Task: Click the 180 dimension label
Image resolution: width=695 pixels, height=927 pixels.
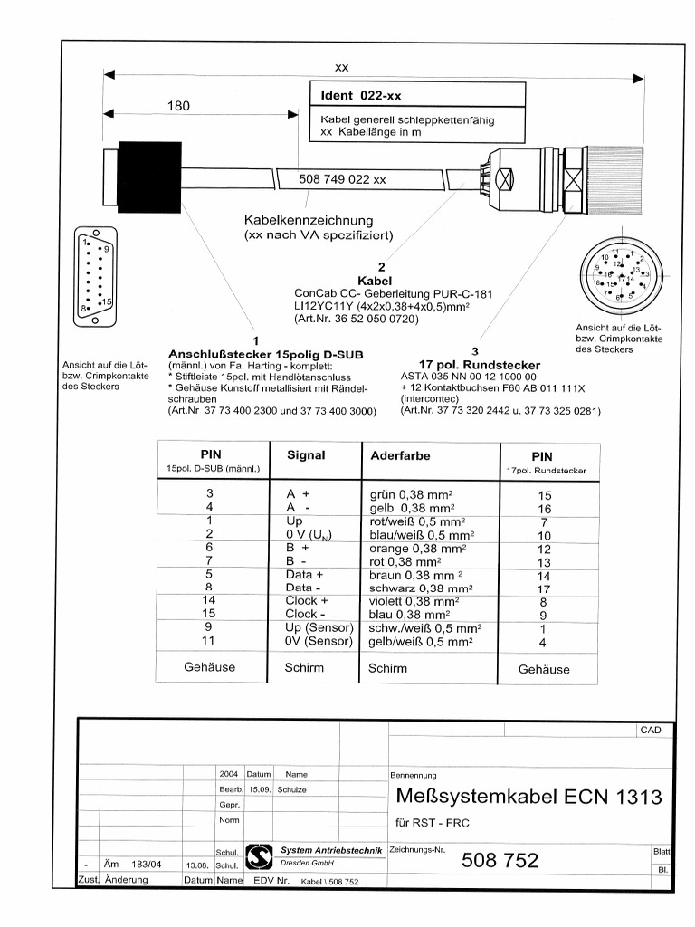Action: point(179,106)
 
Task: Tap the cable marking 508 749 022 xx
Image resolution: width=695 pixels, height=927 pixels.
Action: point(342,179)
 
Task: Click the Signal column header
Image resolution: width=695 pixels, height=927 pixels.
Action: point(305,455)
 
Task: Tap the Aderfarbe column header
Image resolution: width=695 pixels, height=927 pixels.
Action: point(400,455)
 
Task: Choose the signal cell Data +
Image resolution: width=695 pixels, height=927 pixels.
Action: point(299,575)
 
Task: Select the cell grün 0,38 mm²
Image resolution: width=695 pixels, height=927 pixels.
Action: point(412,496)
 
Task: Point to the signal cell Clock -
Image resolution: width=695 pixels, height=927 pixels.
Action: point(300,614)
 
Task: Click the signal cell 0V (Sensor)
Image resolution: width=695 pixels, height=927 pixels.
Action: point(310,641)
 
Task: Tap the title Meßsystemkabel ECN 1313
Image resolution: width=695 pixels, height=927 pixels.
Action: point(529,797)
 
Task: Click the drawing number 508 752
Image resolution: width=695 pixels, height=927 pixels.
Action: point(500,861)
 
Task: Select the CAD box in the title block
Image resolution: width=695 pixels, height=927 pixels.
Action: point(652,730)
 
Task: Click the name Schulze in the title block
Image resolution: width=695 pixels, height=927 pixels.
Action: point(292,789)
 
